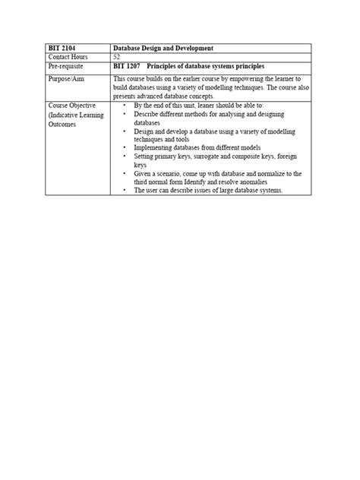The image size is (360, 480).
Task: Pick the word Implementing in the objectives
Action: (153, 147)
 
